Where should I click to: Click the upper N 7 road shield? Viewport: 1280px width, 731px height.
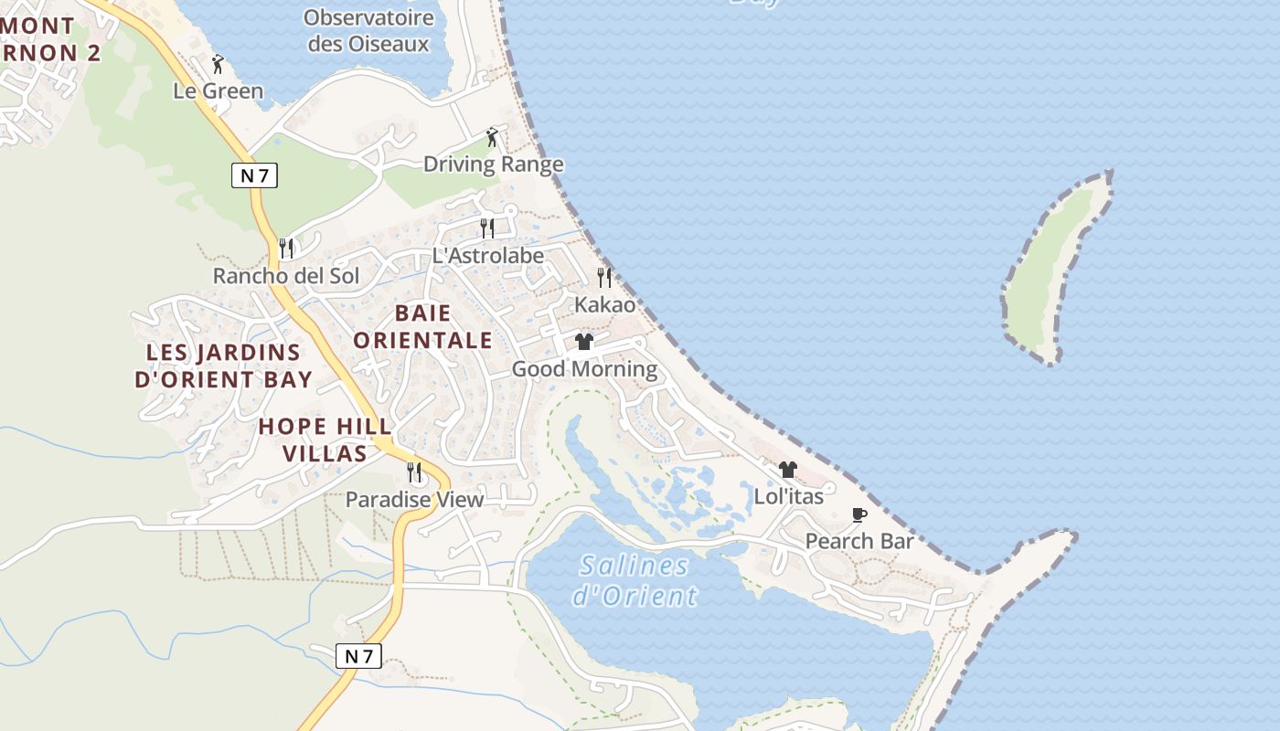[x=254, y=175]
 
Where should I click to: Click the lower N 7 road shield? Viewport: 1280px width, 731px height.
[x=358, y=655]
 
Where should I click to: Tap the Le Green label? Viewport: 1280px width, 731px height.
[x=219, y=90]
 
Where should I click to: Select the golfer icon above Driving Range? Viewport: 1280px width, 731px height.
[x=492, y=137]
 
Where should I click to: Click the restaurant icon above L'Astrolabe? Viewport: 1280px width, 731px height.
[x=487, y=228]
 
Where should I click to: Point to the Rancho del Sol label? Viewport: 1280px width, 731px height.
[x=286, y=275]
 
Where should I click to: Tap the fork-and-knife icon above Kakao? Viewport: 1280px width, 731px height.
[x=603, y=277]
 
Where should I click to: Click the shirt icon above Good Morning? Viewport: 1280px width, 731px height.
[x=584, y=342]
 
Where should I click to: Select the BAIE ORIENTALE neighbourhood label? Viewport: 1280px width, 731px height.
[x=422, y=327]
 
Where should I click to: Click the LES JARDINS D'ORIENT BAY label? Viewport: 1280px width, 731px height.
[x=224, y=365]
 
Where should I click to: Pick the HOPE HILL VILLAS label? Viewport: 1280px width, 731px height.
[x=325, y=440]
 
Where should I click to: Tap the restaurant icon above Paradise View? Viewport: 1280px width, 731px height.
[x=414, y=471]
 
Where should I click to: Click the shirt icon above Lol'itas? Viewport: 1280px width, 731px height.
[x=788, y=470]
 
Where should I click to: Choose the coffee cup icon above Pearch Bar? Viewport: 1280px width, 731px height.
[x=859, y=514]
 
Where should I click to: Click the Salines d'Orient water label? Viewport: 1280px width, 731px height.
[x=635, y=580]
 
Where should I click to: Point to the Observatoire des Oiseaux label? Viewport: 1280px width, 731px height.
[x=368, y=30]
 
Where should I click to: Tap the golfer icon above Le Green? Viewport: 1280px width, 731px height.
[x=218, y=64]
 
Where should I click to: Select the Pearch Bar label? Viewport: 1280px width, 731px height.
[x=859, y=541]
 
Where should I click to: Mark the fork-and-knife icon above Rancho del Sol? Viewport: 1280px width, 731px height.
[x=286, y=248]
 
